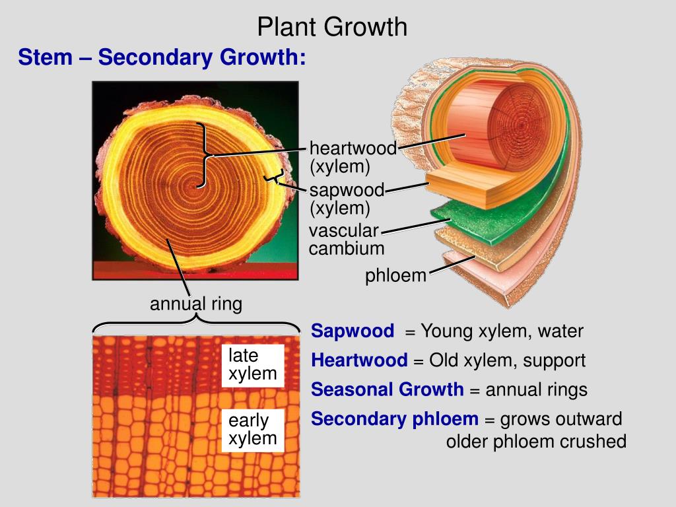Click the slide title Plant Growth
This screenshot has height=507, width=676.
[332, 27]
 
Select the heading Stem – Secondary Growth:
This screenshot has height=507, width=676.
[162, 57]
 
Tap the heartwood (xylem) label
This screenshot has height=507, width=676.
[353, 157]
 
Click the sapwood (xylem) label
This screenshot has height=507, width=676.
[347, 199]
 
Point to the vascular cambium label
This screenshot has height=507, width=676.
[346, 240]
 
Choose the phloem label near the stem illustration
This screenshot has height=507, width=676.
[396, 276]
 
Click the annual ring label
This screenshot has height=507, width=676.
[195, 304]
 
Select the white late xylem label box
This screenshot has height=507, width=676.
[252, 365]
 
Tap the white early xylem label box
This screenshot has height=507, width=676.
[252, 430]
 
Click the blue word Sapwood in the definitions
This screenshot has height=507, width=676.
[353, 331]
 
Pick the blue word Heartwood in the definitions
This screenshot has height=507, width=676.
[359, 360]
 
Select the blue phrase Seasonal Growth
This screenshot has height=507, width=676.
[388, 389]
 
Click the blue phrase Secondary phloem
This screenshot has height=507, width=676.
[395, 419]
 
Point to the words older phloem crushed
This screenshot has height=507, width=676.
[536, 442]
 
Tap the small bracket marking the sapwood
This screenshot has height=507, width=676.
[273, 177]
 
